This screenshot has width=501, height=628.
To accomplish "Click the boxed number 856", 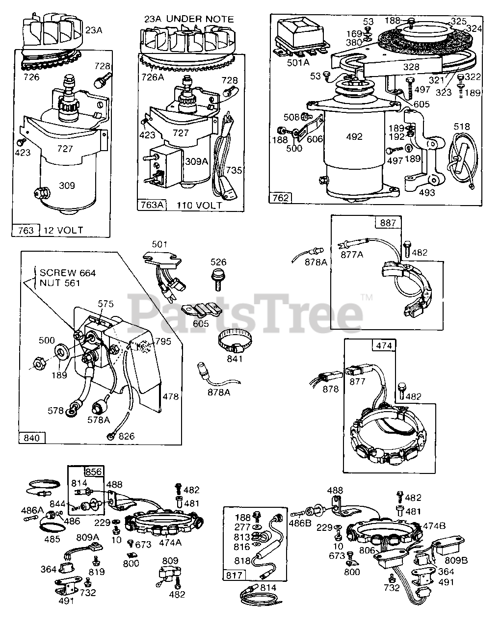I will click(94, 472).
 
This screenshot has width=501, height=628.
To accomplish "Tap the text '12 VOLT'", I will click(63, 230).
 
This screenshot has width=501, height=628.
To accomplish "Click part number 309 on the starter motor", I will click(67, 185).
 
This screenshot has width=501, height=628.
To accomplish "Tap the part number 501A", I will click(299, 62).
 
